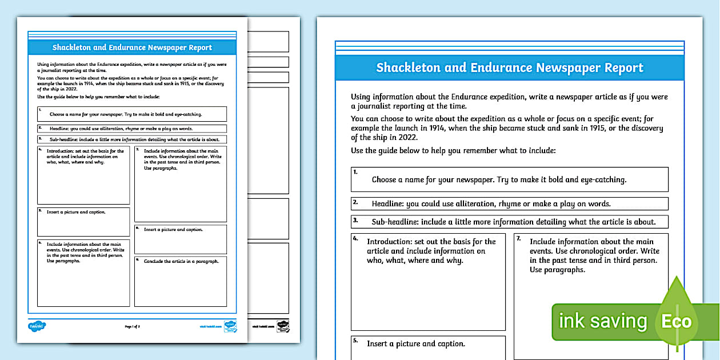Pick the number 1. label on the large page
355,172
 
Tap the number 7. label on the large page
518,238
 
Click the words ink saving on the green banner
602,321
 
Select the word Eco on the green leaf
676,321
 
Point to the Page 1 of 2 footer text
132,326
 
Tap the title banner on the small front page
132,48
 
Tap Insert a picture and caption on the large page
416,344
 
